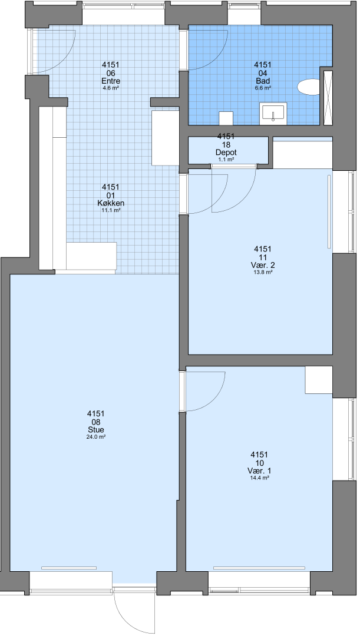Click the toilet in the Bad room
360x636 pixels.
point(309,87)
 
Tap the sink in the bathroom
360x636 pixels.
point(273,112)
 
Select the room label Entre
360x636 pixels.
point(111,81)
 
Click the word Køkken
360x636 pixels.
point(111,203)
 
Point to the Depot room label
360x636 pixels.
point(226,153)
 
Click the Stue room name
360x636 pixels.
point(96,430)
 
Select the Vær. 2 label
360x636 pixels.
point(263,265)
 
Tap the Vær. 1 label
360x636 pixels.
point(260,471)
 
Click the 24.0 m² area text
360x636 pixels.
point(96,437)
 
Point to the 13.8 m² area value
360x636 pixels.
point(263,273)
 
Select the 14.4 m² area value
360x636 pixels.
point(260,478)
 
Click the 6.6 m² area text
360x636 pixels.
point(263,88)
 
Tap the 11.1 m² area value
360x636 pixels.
point(111,210)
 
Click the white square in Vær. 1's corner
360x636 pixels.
point(319,380)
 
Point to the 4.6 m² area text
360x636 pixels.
point(111,88)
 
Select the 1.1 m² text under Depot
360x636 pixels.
point(226,160)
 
